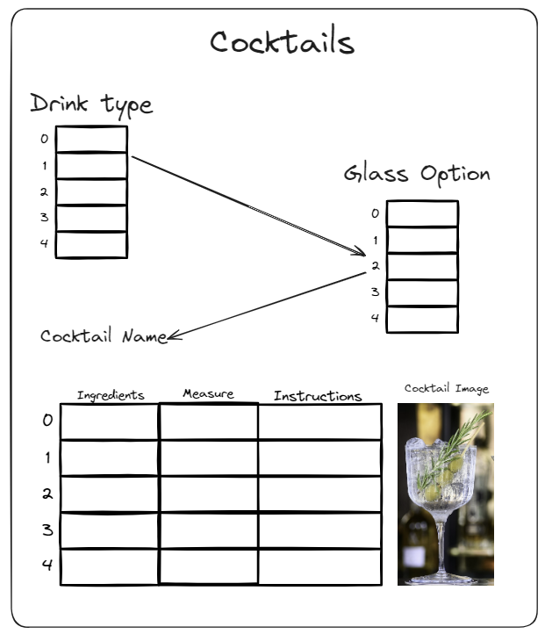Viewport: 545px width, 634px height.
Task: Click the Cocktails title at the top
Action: [282, 41]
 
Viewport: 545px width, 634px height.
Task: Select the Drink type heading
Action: [91, 105]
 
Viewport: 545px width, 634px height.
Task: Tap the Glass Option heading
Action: [417, 174]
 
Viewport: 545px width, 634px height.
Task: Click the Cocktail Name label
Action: [104, 336]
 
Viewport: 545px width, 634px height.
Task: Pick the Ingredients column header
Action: [111, 395]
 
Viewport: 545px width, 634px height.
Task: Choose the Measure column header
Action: [208, 393]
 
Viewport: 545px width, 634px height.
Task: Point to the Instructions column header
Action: [318, 396]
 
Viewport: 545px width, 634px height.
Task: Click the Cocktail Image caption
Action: [447, 389]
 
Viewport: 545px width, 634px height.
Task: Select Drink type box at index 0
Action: [91, 139]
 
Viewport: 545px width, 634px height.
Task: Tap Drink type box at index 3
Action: [91, 219]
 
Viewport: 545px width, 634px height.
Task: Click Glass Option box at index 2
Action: [422, 266]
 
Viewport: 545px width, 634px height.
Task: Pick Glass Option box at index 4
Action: [422, 320]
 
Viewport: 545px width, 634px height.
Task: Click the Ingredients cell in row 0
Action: [110, 421]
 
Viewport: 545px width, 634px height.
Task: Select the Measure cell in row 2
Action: [209, 494]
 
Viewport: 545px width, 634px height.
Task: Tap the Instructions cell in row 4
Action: [319, 567]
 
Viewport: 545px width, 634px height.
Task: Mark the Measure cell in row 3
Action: [209, 530]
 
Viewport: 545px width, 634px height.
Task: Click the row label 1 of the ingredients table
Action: [47, 457]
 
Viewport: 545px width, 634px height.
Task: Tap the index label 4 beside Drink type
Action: [44, 243]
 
